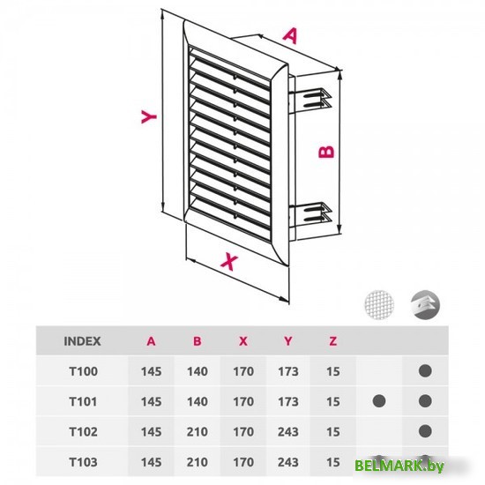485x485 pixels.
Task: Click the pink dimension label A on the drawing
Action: [291, 36]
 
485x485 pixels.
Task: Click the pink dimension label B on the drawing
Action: [326, 152]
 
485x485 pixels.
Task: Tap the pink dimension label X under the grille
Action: [229, 262]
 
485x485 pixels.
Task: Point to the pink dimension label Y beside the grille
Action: [149, 116]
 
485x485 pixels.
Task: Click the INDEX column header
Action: [82, 341]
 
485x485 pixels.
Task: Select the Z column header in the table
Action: [332, 341]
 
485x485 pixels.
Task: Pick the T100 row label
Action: [83, 371]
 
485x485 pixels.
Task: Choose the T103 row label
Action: [83, 462]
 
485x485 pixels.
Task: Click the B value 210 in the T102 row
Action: [197, 432]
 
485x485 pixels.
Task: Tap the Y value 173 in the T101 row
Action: [288, 401]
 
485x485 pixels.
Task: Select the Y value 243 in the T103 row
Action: [288, 462]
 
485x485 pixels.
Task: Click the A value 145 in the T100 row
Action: [152, 371]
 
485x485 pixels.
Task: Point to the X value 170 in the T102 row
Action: [243, 432]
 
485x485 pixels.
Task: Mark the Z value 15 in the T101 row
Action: [332, 401]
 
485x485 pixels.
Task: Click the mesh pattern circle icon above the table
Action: [379, 305]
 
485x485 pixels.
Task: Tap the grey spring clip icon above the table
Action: [425, 305]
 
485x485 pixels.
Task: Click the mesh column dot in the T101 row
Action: [379, 401]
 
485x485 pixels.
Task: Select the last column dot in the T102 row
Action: [425, 431]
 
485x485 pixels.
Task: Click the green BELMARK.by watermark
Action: [399, 466]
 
